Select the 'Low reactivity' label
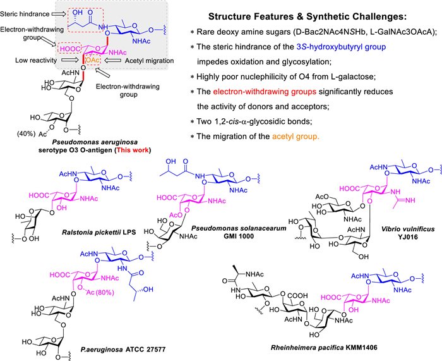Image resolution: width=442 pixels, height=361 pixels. tap(29, 62)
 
